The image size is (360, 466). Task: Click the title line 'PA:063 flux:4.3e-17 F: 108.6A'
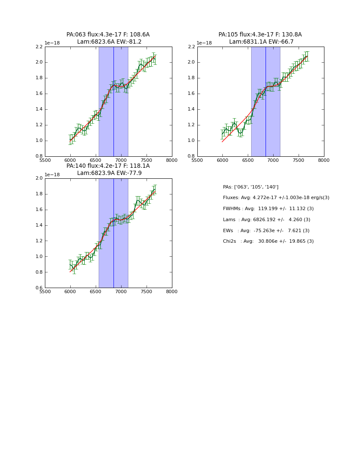click(108, 35)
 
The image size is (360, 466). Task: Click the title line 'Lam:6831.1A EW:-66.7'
click(261, 42)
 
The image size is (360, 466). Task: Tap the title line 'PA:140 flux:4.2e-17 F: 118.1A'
click(108, 166)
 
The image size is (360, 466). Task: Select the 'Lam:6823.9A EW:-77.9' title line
click(109, 173)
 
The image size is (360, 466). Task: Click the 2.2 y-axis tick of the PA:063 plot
click(38, 47)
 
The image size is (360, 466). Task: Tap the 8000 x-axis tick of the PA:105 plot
click(324, 161)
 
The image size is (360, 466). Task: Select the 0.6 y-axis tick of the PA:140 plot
click(38, 288)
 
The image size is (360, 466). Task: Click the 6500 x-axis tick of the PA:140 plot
click(96, 292)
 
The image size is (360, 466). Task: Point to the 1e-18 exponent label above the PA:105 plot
click(204, 43)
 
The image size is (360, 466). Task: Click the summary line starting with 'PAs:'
click(250, 187)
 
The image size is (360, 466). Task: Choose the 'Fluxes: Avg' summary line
click(276, 198)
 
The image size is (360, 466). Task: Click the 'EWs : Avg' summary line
click(266, 230)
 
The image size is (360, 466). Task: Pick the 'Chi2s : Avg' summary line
click(268, 241)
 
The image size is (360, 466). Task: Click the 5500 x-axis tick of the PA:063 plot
click(45, 161)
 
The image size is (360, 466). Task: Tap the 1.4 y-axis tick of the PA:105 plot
click(191, 109)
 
